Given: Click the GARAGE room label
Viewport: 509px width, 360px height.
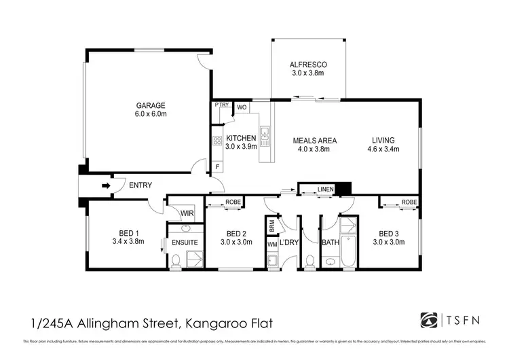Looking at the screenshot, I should (151, 105).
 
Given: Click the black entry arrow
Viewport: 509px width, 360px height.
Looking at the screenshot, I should (105, 184).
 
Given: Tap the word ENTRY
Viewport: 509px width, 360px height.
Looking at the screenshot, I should (140, 185).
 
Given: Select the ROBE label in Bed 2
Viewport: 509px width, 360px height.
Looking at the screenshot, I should (232, 202).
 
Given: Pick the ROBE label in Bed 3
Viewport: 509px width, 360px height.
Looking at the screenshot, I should (408, 202).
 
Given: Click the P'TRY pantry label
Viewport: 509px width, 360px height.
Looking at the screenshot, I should (221, 106).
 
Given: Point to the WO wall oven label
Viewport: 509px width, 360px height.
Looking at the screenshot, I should (242, 107).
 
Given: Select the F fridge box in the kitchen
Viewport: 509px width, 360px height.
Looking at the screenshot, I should (217, 166).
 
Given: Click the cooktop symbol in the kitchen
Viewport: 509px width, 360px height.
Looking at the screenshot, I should (218, 141).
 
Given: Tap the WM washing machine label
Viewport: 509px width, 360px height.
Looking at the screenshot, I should (272, 244).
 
